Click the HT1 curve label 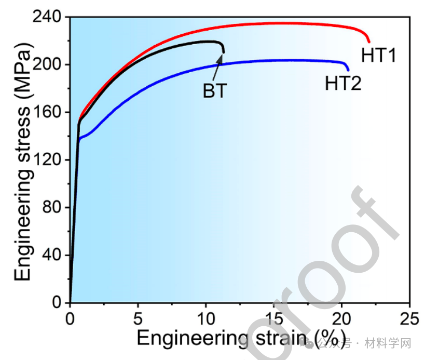pyautogui.click(x=379, y=55)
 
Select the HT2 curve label pyautogui.click(x=343, y=83)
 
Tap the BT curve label pyautogui.click(x=214, y=91)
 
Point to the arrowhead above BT pyautogui.click(x=220, y=58)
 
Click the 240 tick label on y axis pyautogui.click(x=48, y=17)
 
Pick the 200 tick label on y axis pyautogui.click(x=48, y=65)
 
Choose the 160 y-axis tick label pyautogui.click(x=48, y=112)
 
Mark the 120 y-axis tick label pyautogui.click(x=48, y=160)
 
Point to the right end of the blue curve pyautogui.click(x=348, y=70)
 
